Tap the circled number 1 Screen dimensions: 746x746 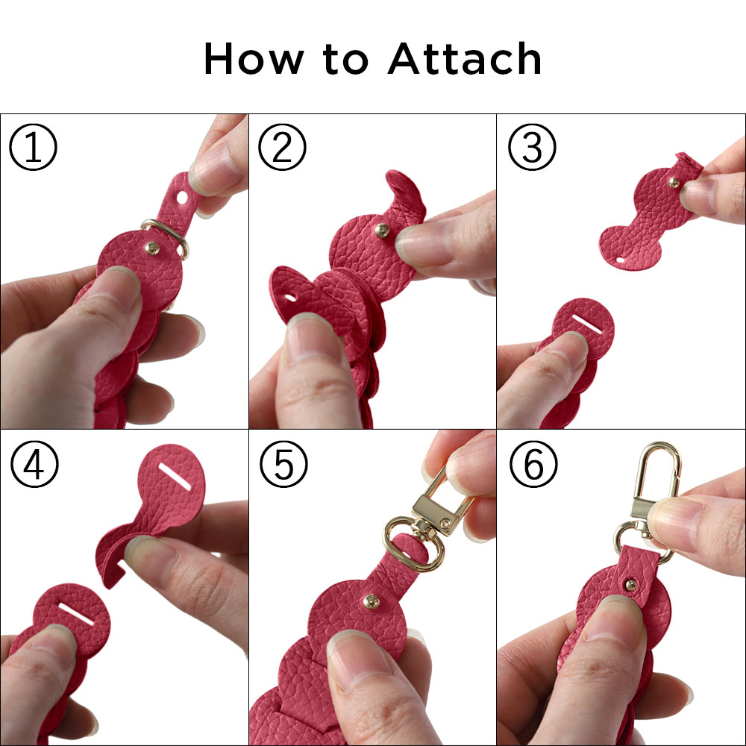(34, 147)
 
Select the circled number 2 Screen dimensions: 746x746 (283, 147)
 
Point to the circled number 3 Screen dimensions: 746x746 (532, 147)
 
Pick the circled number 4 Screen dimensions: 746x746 (34, 463)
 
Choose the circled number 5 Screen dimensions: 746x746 (284, 463)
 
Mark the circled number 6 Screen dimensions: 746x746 (533, 463)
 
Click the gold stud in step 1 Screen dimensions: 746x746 (152, 248)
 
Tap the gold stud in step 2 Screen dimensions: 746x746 (382, 231)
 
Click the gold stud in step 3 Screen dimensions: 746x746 (674, 182)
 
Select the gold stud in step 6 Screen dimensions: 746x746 (631, 585)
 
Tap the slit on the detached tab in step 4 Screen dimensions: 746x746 (175, 476)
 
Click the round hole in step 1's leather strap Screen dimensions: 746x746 (183, 196)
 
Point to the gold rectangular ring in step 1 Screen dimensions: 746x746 (166, 237)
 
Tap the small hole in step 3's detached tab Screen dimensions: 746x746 (619, 260)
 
